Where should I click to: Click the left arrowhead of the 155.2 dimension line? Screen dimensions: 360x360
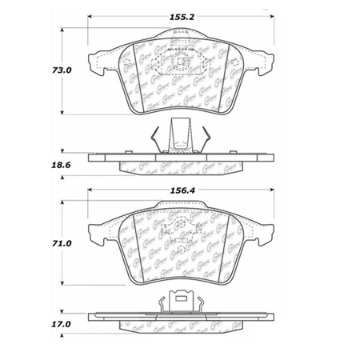pos(89,16)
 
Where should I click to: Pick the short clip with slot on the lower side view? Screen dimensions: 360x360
pos(179,302)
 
